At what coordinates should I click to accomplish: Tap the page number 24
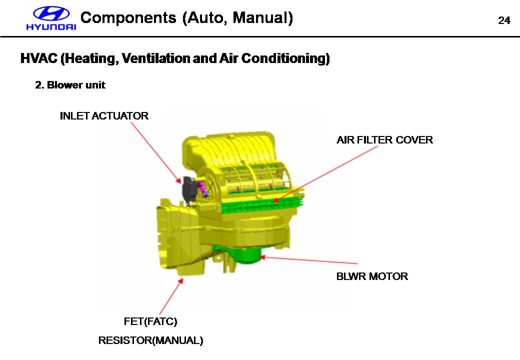(x=504, y=20)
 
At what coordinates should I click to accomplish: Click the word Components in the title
(x=128, y=18)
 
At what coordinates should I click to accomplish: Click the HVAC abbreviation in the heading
(x=38, y=58)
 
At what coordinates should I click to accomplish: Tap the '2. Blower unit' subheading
(x=70, y=85)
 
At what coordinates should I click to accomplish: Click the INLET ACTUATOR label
(x=104, y=116)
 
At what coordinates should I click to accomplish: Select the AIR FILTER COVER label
(x=384, y=140)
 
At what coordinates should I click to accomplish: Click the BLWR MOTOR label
(x=372, y=276)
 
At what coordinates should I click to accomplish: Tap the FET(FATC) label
(x=150, y=320)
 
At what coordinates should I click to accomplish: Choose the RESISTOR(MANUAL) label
(x=150, y=340)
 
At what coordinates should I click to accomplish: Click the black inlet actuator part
(x=188, y=190)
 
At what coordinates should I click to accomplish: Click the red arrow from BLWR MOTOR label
(x=310, y=260)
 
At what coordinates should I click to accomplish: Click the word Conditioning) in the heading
(x=285, y=58)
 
